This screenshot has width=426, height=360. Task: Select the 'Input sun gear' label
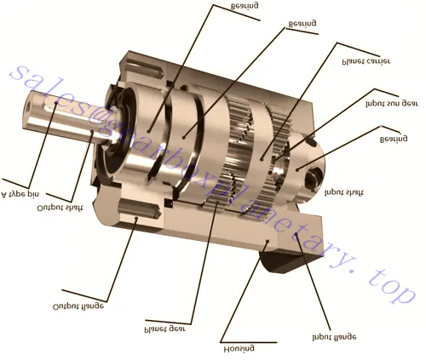(x=393, y=105)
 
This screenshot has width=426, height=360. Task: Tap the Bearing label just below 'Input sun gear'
(x=395, y=138)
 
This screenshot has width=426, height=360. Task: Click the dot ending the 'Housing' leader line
(x=266, y=243)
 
